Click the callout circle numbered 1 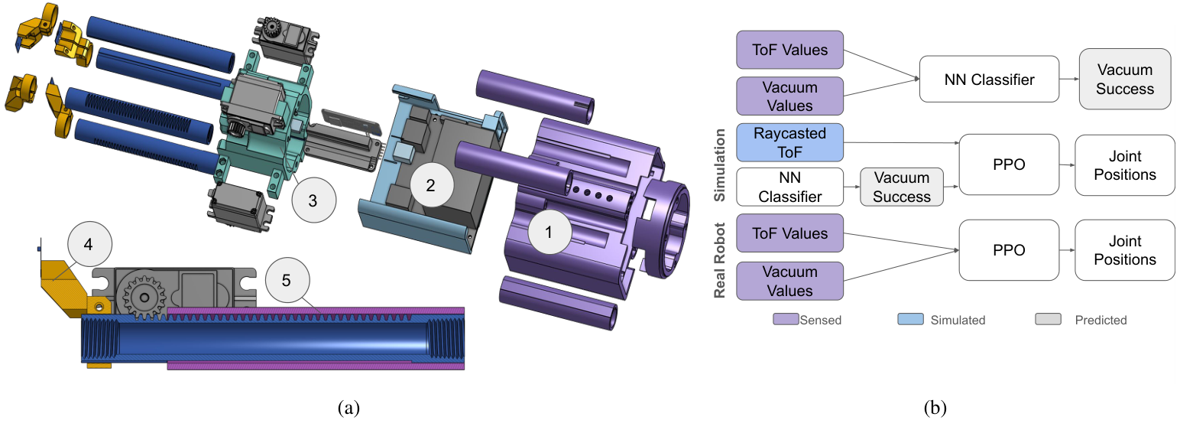(x=547, y=233)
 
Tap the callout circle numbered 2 (x=430, y=184)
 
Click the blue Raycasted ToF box (x=789, y=142)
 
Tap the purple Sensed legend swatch (x=785, y=319)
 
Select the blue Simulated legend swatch (x=910, y=319)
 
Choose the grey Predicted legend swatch (x=1048, y=319)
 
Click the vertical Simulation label (x=719, y=164)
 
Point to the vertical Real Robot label (x=719, y=257)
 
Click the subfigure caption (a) (x=348, y=408)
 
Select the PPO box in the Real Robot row (x=1010, y=250)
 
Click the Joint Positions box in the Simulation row (x=1124, y=165)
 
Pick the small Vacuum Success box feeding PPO (x=902, y=187)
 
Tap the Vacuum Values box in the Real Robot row (x=789, y=281)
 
